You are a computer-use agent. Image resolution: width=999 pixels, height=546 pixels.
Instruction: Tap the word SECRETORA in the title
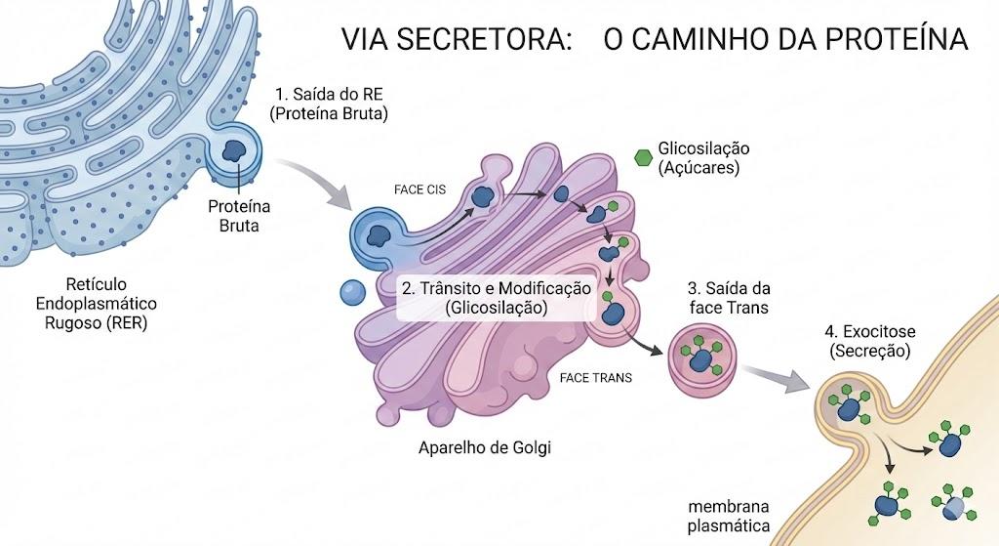[x=482, y=38]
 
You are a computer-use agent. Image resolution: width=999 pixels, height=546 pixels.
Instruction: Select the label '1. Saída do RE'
[x=329, y=95]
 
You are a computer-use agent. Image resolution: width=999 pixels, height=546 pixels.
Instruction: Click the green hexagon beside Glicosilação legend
[x=644, y=157]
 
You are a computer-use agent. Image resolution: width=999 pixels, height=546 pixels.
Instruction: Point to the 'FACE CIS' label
[x=420, y=189]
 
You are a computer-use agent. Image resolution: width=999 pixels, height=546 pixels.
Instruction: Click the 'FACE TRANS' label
[x=596, y=378]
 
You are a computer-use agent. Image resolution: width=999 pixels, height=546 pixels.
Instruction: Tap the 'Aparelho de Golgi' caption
[x=485, y=447]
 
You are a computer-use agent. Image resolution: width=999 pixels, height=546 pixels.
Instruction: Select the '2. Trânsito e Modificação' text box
[x=497, y=298]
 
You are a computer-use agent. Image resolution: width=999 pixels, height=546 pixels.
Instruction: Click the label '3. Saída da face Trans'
[x=729, y=298]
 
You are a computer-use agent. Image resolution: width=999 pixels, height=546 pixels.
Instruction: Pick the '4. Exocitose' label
[x=869, y=332]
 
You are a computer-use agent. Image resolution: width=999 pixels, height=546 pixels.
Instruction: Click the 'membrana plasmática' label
[x=729, y=517]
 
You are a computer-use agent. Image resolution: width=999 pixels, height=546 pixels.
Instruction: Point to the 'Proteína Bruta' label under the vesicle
[x=239, y=216]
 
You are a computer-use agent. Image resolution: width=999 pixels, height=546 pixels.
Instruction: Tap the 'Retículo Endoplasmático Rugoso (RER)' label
[x=97, y=304]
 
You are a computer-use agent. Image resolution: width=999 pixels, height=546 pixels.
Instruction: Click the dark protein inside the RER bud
[x=234, y=151]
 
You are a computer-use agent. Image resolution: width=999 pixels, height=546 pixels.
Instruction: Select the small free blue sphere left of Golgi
[x=352, y=292]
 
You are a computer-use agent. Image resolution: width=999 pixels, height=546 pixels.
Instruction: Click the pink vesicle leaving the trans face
[x=702, y=357]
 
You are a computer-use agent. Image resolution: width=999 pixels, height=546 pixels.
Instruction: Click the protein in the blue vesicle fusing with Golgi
[x=380, y=235]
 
